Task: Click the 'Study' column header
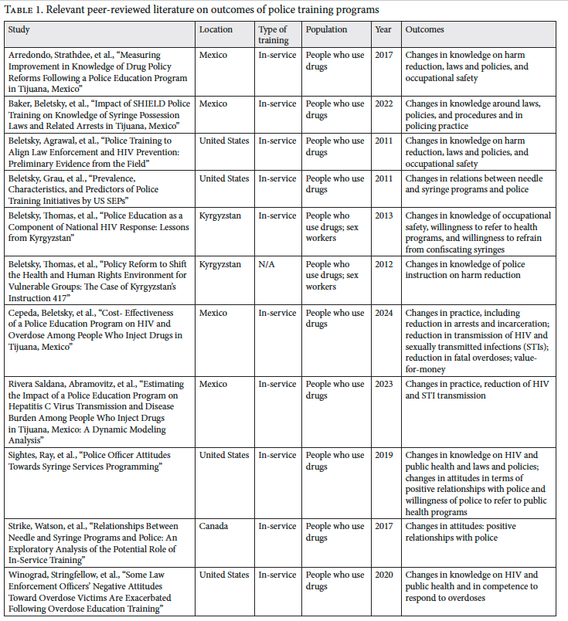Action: point(19,30)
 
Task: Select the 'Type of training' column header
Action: point(273,35)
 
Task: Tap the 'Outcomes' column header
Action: point(425,30)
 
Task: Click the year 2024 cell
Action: point(384,314)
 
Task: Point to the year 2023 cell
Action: point(384,384)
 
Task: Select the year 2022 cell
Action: point(384,104)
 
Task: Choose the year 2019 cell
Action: point(384,456)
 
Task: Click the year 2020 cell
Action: point(384,575)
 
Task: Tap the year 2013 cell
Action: point(384,216)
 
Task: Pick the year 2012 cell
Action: point(384,265)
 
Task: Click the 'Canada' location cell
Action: point(213,527)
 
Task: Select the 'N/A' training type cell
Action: point(267,265)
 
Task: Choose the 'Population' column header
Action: point(326,30)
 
